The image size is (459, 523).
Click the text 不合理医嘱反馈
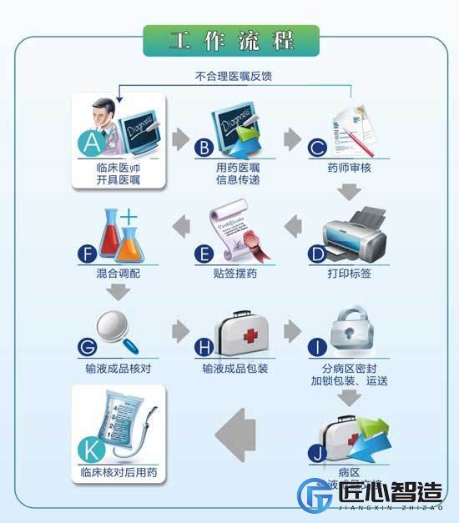pos(233,76)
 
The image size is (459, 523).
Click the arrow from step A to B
pos(179,138)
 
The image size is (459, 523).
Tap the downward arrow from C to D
pos(350,193)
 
